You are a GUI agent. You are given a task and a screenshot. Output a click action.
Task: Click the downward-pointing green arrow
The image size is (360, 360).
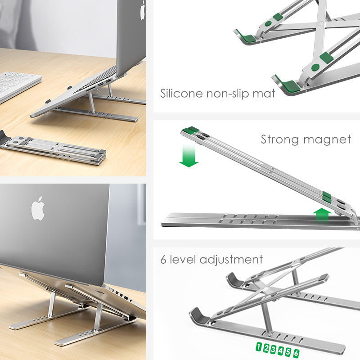(189, 156)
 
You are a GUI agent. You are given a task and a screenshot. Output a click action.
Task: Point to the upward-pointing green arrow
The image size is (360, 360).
(322, 215)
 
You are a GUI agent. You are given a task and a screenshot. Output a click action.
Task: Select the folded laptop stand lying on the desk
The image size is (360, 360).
(54, 148)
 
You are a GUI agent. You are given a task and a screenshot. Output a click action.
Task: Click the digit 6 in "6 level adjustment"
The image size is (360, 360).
(164, 260)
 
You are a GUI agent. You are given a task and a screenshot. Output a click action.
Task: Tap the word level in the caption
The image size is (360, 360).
(182, 260)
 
